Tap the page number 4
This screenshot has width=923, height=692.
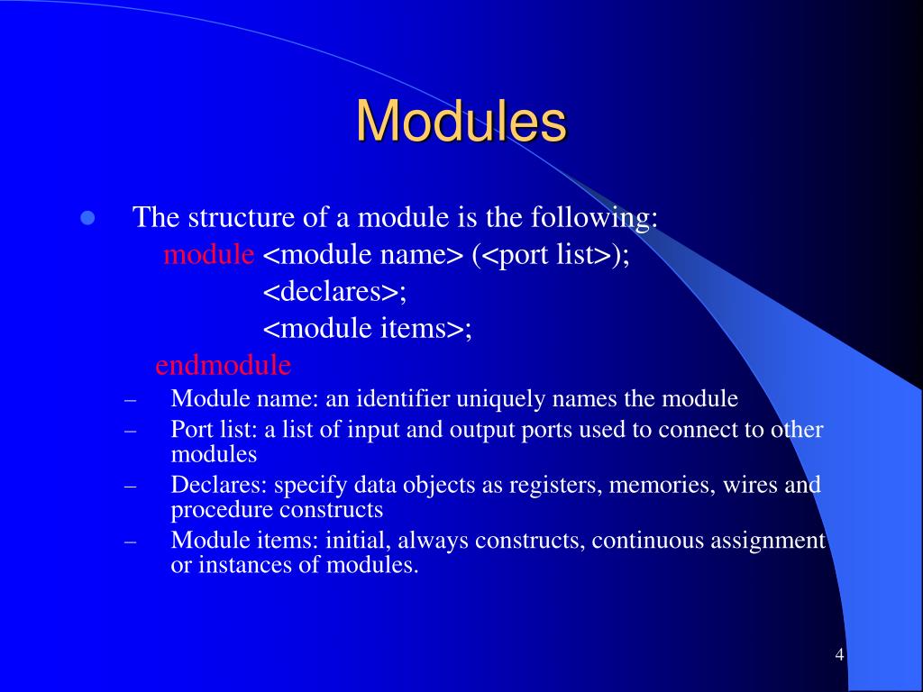839,654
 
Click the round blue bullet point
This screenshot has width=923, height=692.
88,218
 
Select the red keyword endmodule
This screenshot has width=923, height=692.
223,365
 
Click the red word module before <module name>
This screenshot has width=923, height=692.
209,255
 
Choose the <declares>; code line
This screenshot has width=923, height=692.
335,292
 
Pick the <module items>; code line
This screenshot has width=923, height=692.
368,329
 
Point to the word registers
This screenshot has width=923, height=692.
556,485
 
